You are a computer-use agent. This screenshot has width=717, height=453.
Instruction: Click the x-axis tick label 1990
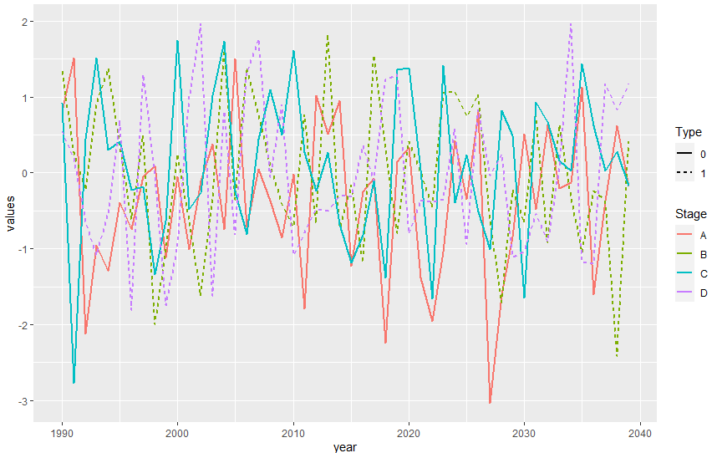pyautogui.click(x=62, y=434)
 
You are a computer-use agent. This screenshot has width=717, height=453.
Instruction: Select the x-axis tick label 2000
pyautogui.click(x=177, y=434)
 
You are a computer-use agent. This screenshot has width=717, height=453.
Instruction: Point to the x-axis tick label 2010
pyautogui.click(x=293, y=434)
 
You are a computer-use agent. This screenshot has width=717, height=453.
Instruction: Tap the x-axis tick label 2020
pyautogui.click(x=409, y=434)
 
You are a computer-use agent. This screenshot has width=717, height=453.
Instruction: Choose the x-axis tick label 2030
pyautogui.click(x=524, y=434)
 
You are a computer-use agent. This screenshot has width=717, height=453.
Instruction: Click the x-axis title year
pyautogui.click(x=344, y=447)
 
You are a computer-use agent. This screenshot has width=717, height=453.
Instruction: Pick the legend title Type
pyautogui.click(x=690, y=132)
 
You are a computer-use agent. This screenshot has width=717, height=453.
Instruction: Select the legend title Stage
pyautogui.click(x=692, y=214)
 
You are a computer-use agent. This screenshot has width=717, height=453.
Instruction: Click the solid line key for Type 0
pyautogui.click(x=686, y=155)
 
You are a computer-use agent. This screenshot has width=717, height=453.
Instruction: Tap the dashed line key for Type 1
pyautogui.click(x=686, y=173)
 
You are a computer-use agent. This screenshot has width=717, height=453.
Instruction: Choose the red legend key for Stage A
pyautogui.click(x=686, y=237)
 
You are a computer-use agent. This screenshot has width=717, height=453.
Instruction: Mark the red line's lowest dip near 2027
pyautogui.click(x=490, y=403)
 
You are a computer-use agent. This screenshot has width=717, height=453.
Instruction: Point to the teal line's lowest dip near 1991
pyautogui.click(x=74, y=383)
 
